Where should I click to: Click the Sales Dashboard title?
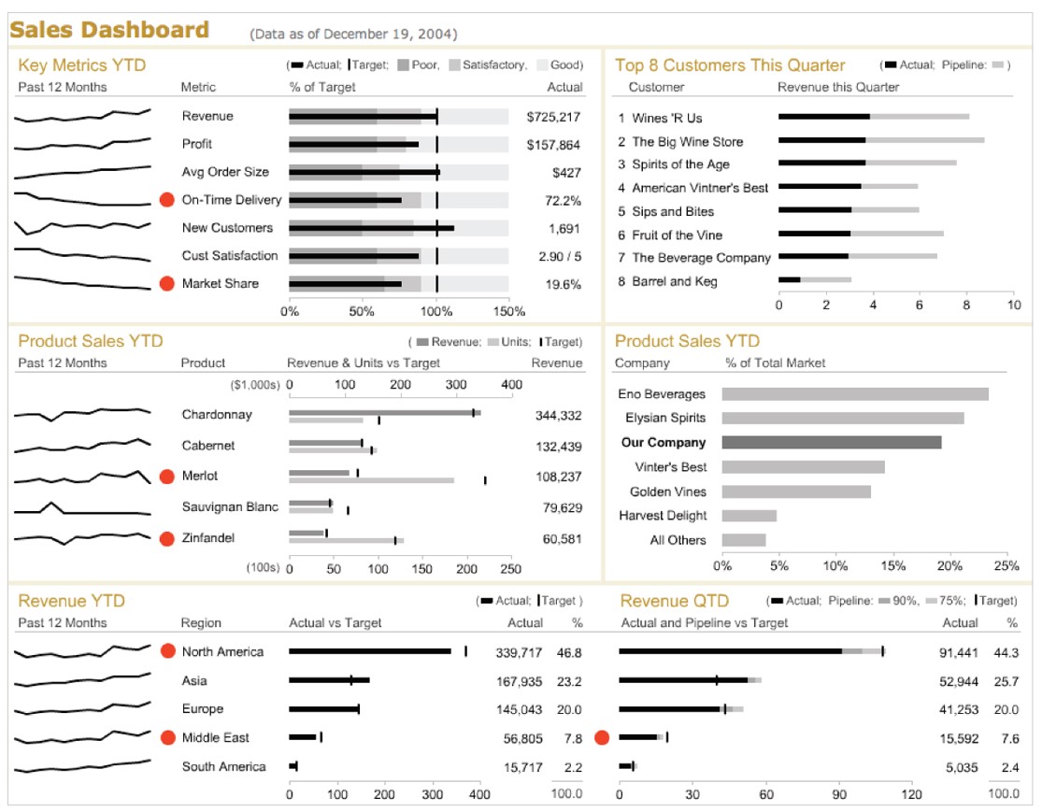(109, 30)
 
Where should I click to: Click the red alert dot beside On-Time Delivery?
(167, 200)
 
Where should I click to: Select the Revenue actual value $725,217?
(553, 117)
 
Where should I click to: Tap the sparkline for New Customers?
(82, 227)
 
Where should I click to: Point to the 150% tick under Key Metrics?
(509, 311)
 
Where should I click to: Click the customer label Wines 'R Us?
(666, 118)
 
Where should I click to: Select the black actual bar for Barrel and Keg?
(790, 279)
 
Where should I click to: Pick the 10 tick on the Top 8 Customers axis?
(1013, 305)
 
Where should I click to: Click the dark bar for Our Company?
(831, 442)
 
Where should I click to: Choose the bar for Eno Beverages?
(854, 393)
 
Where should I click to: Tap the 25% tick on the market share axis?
(1006, 565)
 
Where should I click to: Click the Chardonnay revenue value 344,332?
(558, 416)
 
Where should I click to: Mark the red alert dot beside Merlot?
(167, 477)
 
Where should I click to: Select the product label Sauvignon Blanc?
(230, 507)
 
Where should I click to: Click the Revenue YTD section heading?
(71, 601)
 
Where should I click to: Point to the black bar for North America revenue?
(369, 651)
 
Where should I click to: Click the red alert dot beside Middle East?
(167, 738)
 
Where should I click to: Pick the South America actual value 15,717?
(523, 768)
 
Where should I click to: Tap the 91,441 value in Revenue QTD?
(959, 652)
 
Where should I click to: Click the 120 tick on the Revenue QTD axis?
(911, 795)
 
